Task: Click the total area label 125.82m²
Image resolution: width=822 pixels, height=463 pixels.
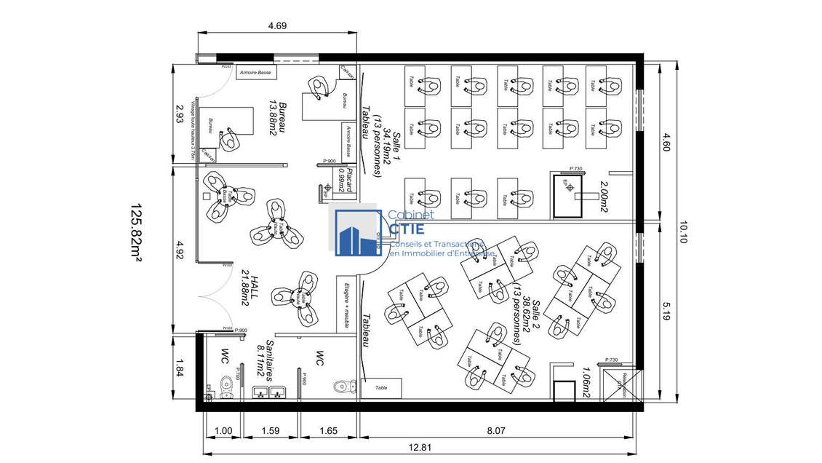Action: point(136,231)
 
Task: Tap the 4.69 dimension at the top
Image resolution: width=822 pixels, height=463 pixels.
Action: point(277,25)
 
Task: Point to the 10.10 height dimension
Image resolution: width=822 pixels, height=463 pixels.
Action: point(681,231)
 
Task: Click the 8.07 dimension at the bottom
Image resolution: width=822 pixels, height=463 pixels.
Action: point(496,431)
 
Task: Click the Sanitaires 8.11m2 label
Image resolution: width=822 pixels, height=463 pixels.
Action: point(264,360)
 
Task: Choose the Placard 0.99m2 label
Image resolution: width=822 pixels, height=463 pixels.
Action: point(346,180)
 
